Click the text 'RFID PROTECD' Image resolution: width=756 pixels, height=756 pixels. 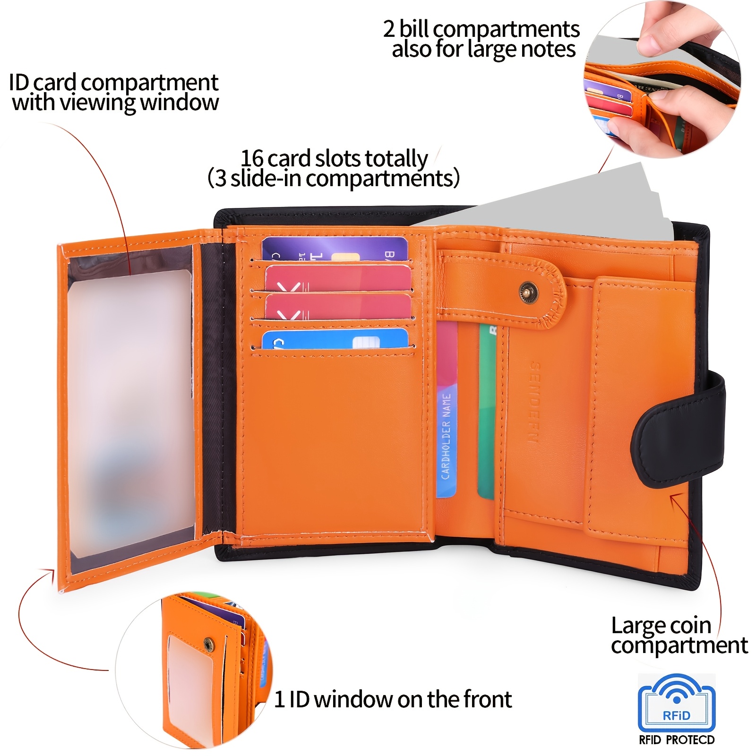[677, 740]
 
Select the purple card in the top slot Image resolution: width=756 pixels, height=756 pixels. [334, 249]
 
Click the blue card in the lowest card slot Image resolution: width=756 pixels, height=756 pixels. [335, 339]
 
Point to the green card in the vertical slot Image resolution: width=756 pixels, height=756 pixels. [487, 411]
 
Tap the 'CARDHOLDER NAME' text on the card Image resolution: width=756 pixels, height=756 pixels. [446, 437]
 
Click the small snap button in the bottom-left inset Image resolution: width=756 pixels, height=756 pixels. [208, 644]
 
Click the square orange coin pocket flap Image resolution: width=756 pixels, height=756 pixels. [643, 406]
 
